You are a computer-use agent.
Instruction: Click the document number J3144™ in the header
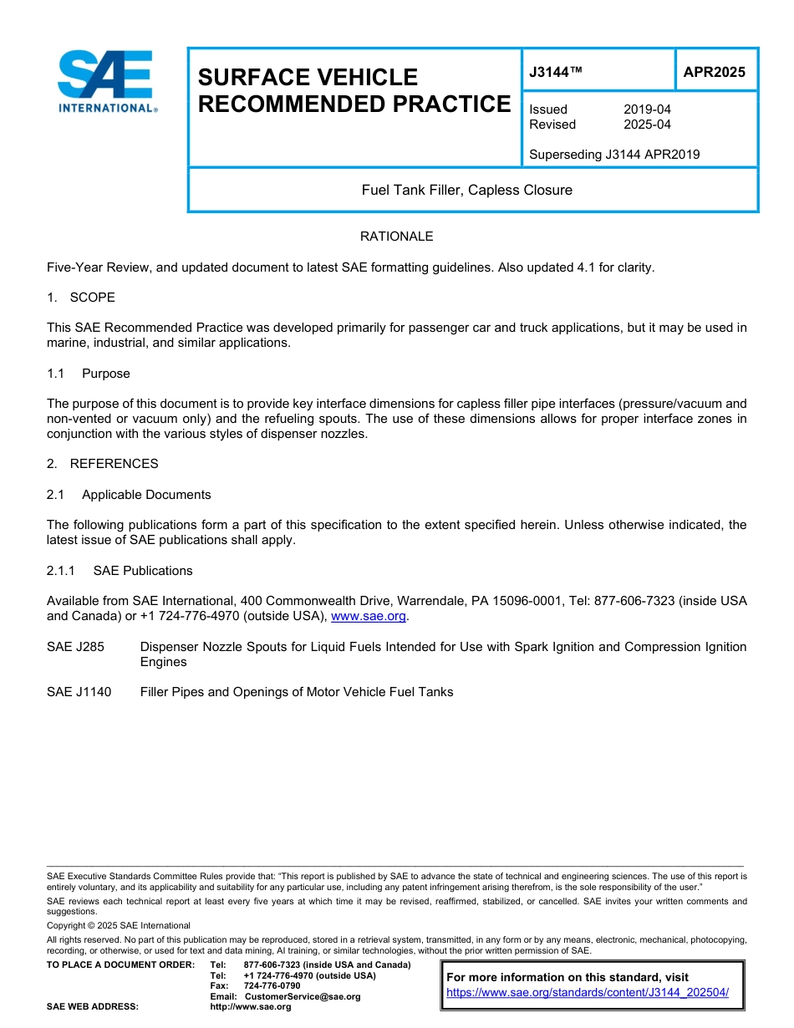pos(555,73)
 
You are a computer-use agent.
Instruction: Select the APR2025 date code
pos(714,73)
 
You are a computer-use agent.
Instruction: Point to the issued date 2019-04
pos(647,109)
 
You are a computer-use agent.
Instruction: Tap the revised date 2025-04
pos(647,125)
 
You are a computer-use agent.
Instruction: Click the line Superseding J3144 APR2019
pos(614,155)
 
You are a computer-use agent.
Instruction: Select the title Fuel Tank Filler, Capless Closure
pos(466,191)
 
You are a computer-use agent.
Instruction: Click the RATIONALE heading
pos(396,237)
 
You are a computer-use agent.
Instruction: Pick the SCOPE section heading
pos(92,298)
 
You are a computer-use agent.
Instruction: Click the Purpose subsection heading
pos(105,374)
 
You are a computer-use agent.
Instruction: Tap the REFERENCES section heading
pos(114,464)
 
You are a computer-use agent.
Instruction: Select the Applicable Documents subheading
pos(145,495)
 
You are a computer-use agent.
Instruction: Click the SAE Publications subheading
pos(142,571)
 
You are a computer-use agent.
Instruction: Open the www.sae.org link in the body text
pos(369,617)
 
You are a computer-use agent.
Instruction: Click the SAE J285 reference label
pos(76,647)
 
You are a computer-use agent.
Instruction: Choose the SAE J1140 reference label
pos(79,692)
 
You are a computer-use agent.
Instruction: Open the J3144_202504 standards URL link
pos(588,992)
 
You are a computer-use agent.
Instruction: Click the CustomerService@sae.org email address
pos(303,996)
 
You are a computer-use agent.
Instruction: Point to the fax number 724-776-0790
pos(272,986)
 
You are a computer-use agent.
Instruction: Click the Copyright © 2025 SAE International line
pos(119,926)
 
